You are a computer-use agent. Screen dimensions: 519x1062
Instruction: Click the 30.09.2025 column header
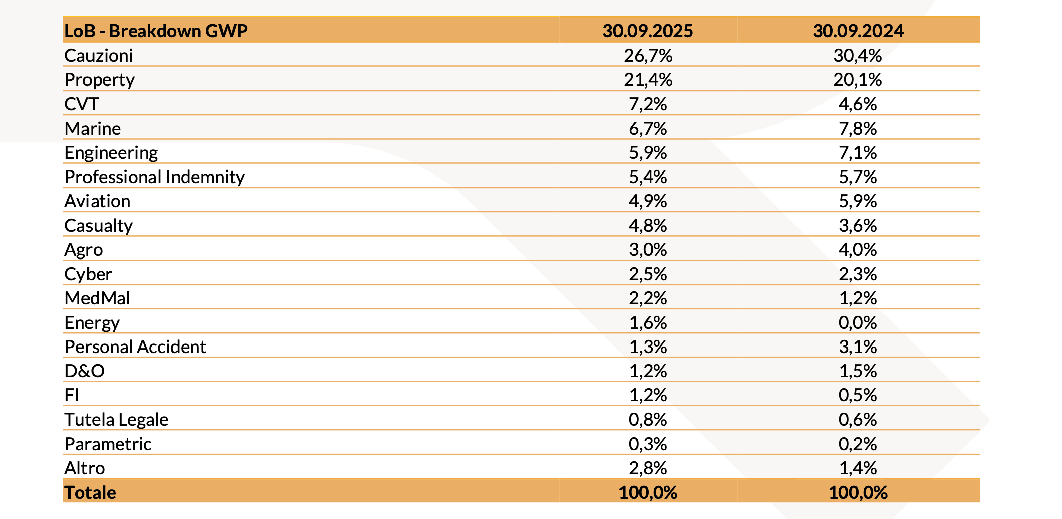(648, 31)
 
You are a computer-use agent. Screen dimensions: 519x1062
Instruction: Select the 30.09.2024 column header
(858, 31)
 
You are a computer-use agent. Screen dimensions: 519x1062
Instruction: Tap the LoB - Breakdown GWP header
(156, 31)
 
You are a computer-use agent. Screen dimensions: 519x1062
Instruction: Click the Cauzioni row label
(99, 55)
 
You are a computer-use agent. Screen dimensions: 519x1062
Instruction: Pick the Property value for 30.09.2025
(648, 79)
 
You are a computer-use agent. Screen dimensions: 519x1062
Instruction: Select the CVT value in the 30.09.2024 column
(858, 104)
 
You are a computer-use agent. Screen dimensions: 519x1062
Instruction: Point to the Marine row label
(93, 129)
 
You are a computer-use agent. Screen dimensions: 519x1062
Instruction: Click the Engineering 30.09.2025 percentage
(648, 152)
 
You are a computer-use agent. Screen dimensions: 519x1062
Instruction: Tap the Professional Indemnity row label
(154, 177)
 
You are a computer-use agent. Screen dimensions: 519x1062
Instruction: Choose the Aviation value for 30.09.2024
(858, 201)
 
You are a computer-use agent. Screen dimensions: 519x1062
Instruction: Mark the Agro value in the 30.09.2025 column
(648, 250)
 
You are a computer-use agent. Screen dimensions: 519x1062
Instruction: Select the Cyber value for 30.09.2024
(858, 274)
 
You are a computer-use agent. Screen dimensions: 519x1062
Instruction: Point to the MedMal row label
(97, 298)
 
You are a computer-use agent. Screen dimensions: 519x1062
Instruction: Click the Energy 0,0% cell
(858, 322)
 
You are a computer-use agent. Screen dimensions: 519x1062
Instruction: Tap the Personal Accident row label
(135, 347)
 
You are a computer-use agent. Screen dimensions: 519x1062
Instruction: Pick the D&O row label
(84, 371)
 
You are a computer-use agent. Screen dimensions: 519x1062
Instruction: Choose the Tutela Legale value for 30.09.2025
(648, 419)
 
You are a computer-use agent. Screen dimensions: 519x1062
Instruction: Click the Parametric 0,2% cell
(858, 444)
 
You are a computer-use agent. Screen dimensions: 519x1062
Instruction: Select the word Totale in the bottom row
(90, 492)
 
